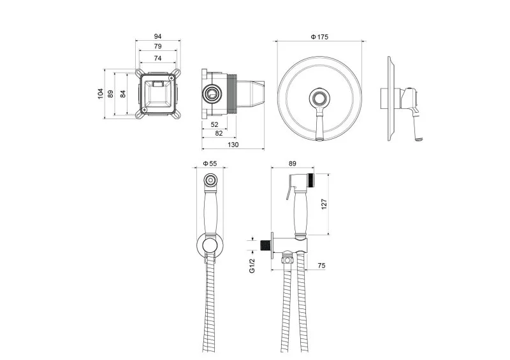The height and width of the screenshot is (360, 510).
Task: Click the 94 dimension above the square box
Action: [157, 36]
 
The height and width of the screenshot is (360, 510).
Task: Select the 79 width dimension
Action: [157, 47]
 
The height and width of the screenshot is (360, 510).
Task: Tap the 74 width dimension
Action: [157, 58]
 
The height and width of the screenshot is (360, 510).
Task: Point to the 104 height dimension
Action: [100, 93]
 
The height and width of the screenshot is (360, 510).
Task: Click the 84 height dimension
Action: [122, 93]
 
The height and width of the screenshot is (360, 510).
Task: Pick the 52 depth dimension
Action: [214, 124]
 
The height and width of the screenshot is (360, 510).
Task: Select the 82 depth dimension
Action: [219, 133]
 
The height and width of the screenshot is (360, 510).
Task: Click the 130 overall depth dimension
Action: [233, 145]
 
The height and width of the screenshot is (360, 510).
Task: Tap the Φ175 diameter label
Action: [319, 37]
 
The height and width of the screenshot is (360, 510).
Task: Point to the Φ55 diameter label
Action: [210, 164]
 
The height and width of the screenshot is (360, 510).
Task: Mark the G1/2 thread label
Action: [253, 263]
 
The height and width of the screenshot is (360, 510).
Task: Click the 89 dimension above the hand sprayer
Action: [293, 164]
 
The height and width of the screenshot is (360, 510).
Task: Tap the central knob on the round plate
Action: [319, 98]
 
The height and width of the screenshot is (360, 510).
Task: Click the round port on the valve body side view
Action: [210, 94]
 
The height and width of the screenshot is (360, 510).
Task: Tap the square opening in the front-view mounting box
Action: [157, 94]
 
